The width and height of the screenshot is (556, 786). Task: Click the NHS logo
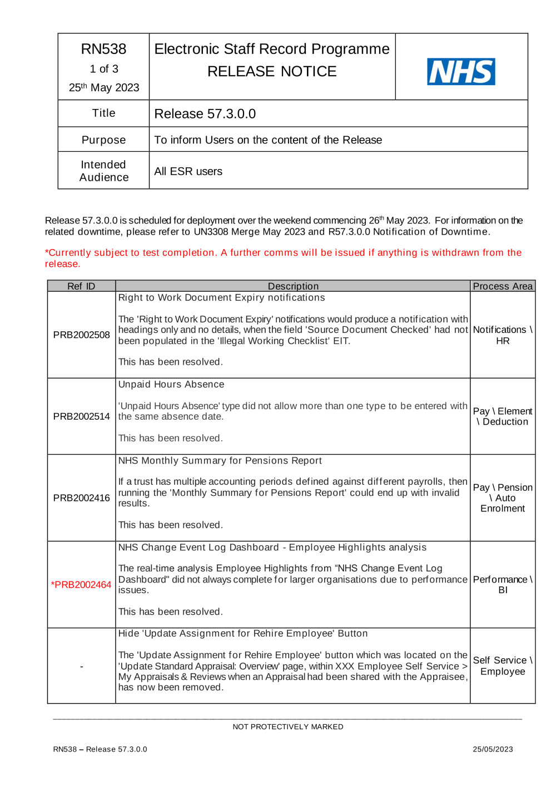coord(461,72)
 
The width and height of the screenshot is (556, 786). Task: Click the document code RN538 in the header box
coord(104,49)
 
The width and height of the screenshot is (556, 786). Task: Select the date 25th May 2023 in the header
coord(104,87)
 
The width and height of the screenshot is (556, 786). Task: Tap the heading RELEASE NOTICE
coord(272,72)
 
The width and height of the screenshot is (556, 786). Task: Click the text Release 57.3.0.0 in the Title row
coord(205,114)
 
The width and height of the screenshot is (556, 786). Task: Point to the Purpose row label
coord(104,140)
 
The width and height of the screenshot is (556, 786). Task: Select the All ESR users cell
coord(188,172)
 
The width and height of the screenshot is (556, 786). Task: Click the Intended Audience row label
coord(104,171)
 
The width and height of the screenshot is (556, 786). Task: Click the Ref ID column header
coord(81,286)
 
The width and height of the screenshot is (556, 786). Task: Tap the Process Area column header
coord(503,286)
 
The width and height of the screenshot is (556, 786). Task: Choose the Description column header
coord(293,286)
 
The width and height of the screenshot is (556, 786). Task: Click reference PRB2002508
coord(82,335)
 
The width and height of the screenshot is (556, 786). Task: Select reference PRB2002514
coord(82,416)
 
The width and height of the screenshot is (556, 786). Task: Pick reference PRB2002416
coord(82,498)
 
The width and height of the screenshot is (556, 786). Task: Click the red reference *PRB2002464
coord(81,585)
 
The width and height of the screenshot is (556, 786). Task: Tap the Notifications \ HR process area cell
coord(503,335)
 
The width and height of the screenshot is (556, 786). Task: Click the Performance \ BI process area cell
coord(503,585)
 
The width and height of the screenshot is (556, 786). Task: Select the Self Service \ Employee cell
coord(503,666)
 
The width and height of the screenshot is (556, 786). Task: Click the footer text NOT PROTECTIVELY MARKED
coord(288,727)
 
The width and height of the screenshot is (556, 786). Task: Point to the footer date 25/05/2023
coord(493,749)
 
